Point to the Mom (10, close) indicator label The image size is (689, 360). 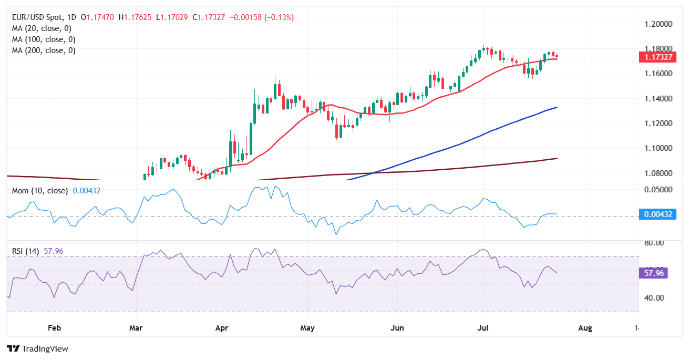tap(40, 191)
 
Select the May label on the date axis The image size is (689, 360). tap(307, 328)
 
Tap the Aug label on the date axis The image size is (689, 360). tap(584, 328)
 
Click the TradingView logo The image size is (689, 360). tap(37, 348)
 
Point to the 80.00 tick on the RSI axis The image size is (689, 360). tap(654, 243)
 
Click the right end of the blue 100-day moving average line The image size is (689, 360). tap(557, 107)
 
